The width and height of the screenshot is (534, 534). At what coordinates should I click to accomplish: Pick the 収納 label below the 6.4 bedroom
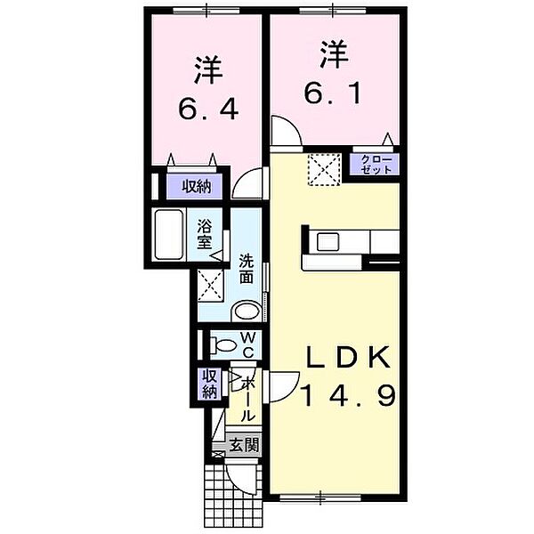pyautogui.click(x=197, y=187)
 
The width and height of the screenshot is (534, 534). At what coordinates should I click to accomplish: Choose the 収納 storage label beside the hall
pyautogui.click(x=209, y=382)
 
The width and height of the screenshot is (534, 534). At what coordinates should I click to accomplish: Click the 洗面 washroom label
pyautogui.click(x=247, y=269)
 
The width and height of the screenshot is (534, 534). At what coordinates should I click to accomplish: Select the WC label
pyautogui.click(x=248, y=344)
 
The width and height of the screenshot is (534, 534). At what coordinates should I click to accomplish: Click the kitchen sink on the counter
pyautogui.click(x=328, y=240)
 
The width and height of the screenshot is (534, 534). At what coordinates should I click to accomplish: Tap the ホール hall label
pyautogui.click(x=248, y=398)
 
